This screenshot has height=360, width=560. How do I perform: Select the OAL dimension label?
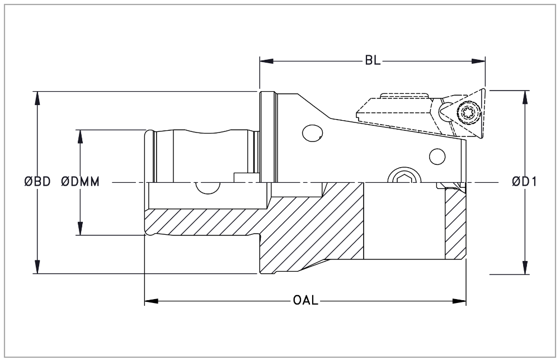tap(305, 301)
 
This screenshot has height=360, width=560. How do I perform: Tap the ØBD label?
tap(37, 182)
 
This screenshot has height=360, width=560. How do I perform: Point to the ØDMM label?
tap(81, 182)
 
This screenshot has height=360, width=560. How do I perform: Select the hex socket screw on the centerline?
tap(403, 178)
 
